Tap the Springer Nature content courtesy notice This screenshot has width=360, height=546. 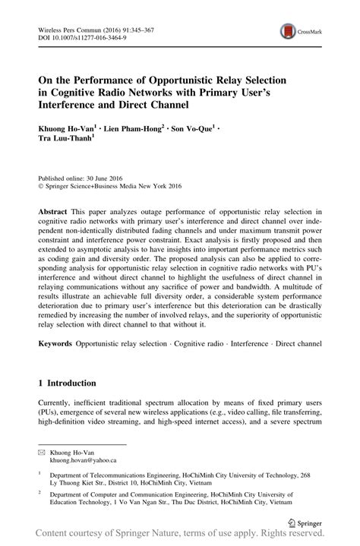pyautogui.click(x=179, y=537)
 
